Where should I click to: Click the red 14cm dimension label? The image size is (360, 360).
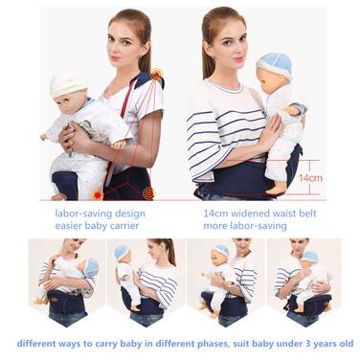point(310,178)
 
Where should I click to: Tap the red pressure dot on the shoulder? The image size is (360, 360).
point(156,75)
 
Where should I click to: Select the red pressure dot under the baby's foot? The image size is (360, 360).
point(98,194)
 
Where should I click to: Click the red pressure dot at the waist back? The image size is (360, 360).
point(148,192)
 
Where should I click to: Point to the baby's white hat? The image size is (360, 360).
point(68,83)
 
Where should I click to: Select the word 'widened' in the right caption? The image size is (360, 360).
point(249,213)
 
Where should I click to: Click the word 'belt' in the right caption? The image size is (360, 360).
point(305,213)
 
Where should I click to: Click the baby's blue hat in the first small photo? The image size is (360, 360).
point(91,267)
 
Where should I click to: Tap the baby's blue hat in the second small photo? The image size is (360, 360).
point(122,252)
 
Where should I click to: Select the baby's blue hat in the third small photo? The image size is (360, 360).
point(222,250)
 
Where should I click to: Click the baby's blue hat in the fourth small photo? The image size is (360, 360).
point(311,257)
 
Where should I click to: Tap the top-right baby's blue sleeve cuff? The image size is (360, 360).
point(300,109)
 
